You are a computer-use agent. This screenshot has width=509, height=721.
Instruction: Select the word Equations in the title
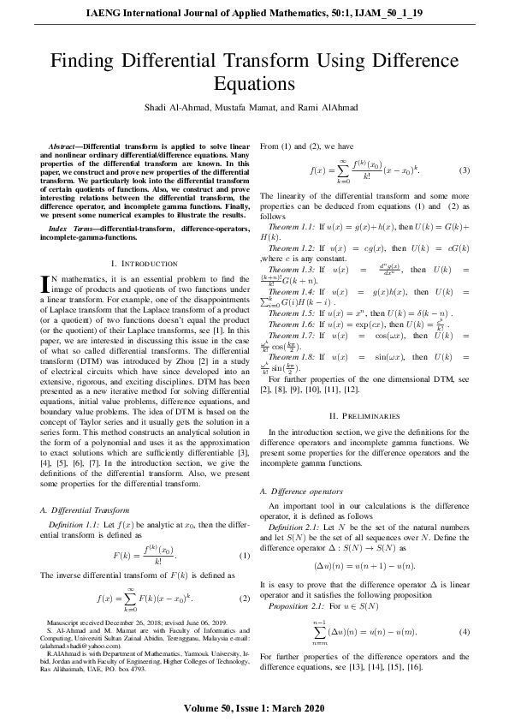pyautogui.click(x=254, y=84)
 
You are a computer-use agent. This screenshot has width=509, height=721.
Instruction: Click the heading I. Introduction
pyautogui.click(x=145, y=263)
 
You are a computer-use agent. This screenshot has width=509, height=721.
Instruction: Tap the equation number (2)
pyautogui.click(x=244, y=598)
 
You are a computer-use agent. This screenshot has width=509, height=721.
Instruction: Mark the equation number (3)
pyautogui.click(x=465, y=170)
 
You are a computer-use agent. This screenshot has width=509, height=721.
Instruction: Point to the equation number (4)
pyautogui.click(x=465, y=632)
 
